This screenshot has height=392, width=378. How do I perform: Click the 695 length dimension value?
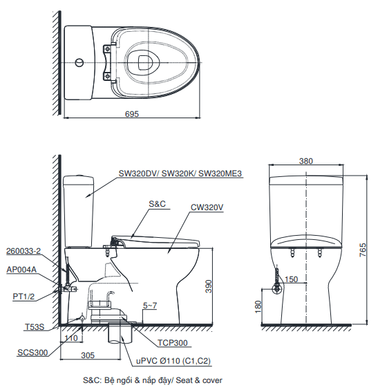click(131, 113)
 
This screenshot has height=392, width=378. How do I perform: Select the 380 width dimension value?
click(305, 160)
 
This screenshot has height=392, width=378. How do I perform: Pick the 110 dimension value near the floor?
click(69, 338)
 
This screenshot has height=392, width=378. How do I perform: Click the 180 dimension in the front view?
click(258, 305)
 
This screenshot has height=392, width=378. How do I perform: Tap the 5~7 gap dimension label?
click(149, 306)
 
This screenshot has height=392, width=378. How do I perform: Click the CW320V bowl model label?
click(207, 207)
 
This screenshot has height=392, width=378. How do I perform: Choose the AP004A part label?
click(21, 270)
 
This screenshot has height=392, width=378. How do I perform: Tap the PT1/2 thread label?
click(23, 296)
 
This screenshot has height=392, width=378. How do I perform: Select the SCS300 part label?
click(32, 353)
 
